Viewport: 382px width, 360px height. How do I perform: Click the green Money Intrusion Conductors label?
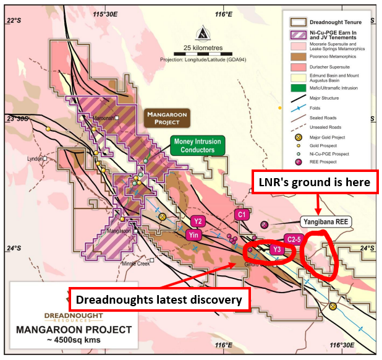(x=197, y=145)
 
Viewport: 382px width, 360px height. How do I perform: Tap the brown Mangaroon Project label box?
(x=166, y=118)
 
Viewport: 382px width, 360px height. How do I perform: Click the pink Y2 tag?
(x=198, y=221)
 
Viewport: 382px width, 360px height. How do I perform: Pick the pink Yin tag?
(x=193, y=234)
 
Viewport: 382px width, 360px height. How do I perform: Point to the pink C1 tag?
(x=242, y=215)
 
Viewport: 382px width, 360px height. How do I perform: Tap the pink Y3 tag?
(x=278, y=250)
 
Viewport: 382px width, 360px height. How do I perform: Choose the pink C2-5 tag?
(x=293, y=239)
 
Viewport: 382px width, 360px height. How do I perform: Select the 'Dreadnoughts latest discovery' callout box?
(x=160, y=300)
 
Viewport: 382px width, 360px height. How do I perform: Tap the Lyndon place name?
(x=35, y=158)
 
